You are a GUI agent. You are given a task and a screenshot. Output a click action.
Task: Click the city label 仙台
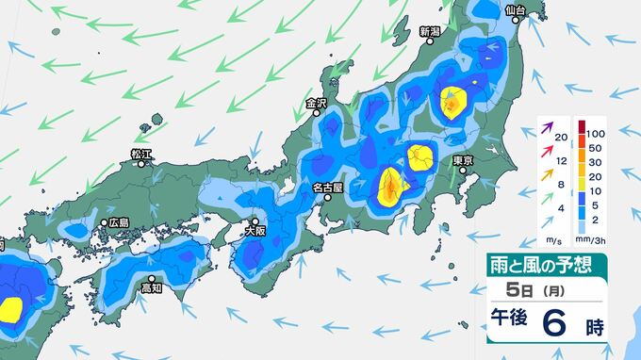(x=514, y=10)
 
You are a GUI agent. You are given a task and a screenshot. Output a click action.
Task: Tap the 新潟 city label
(x=430, y=31)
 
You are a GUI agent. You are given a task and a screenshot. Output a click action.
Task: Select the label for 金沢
(x=316, y=103)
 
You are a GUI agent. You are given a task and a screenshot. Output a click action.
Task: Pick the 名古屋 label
(x=327, y=188)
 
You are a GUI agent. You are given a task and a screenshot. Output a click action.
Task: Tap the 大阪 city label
(x=255, y=229)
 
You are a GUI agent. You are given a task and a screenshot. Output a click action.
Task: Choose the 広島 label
(x=118, y=222)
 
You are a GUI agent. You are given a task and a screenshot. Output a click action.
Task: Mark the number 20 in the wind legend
(x=561, y=139)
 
